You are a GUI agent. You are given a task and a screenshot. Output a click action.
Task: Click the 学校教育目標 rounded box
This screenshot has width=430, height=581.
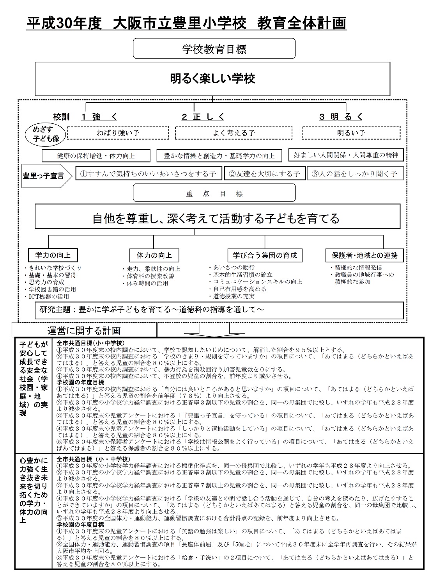[x=214, y=49]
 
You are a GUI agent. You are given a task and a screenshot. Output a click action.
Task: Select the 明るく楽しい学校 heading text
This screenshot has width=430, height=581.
[x=213, y=78]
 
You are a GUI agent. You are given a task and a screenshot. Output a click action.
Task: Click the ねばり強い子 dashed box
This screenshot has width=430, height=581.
[x=118, y=133]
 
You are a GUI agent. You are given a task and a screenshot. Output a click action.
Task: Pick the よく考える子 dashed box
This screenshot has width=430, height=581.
[x=234, y=133]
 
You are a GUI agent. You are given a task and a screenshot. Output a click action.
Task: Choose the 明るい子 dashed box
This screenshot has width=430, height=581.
[x=351, y=133]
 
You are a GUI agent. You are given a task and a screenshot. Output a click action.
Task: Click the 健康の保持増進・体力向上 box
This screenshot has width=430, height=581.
[x=96, y=156]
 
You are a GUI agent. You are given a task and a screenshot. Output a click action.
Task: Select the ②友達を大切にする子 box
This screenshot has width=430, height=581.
[x=264, y=174]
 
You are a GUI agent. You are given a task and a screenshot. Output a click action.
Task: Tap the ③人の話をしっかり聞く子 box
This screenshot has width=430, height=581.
[x=355, y=174]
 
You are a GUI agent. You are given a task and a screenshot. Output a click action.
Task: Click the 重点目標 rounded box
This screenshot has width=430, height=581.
[x=214, y=193]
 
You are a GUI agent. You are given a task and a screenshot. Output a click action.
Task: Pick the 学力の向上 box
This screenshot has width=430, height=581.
[x=53, y=255]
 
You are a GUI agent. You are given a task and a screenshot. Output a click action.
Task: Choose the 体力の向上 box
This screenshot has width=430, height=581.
[x=154, y=256]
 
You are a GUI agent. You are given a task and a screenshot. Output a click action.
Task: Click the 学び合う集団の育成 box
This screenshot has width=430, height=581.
[x=265, y=255]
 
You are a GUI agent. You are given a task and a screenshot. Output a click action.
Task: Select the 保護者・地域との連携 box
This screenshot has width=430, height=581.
[x=365, y=256]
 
